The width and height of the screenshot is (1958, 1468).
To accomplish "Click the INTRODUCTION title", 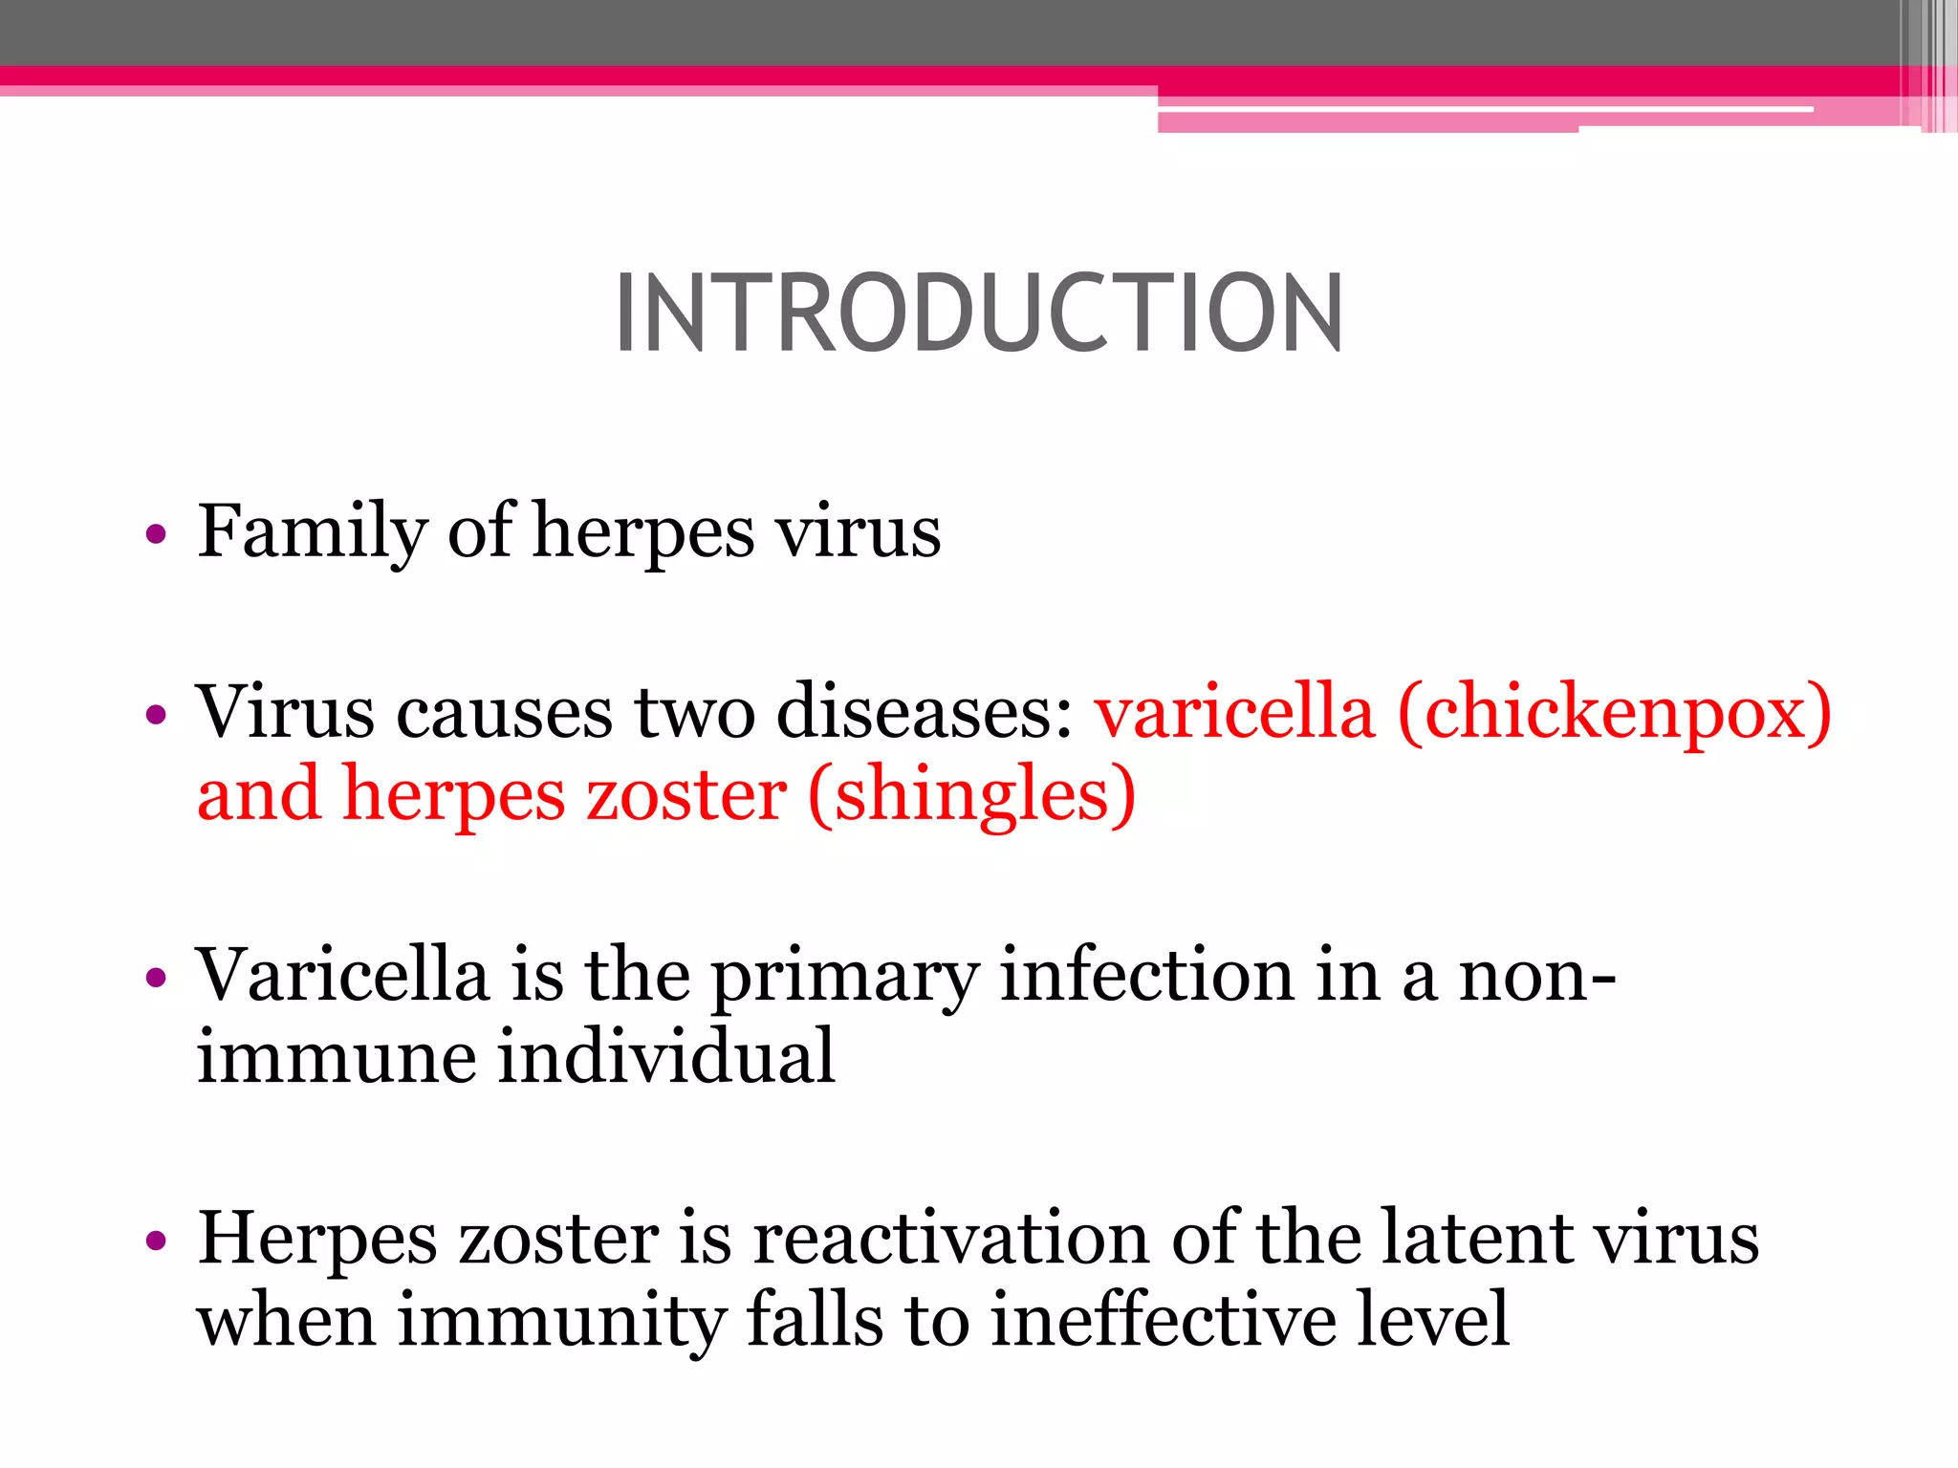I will tap(979, 313).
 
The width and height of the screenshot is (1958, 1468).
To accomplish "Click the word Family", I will tap(312, 531).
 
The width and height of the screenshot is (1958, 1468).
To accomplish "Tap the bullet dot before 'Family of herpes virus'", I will tap(156, 533).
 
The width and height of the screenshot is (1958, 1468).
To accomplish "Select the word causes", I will tap(504, 713).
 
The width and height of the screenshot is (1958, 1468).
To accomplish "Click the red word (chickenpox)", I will tap(1614, 713).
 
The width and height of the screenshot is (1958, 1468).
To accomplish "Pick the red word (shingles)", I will tap(971, 795).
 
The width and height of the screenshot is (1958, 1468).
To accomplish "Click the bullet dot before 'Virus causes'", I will tap(156, 715).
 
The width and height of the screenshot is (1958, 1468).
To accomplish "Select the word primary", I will tap(845, 977).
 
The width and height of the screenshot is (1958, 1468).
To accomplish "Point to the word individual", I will tap(666, 1057).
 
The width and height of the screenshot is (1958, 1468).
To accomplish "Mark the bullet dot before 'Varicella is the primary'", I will tap(156, 978).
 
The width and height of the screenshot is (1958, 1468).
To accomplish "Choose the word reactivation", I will tap(950, 1239).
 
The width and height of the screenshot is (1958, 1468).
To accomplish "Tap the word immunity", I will tap(562, 1321).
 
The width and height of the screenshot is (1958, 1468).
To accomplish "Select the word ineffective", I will tap(1163, 1320).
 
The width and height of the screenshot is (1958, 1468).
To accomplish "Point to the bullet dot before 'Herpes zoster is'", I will tap(156, 1241).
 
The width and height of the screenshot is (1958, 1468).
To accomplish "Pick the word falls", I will tap(815, 1320).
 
